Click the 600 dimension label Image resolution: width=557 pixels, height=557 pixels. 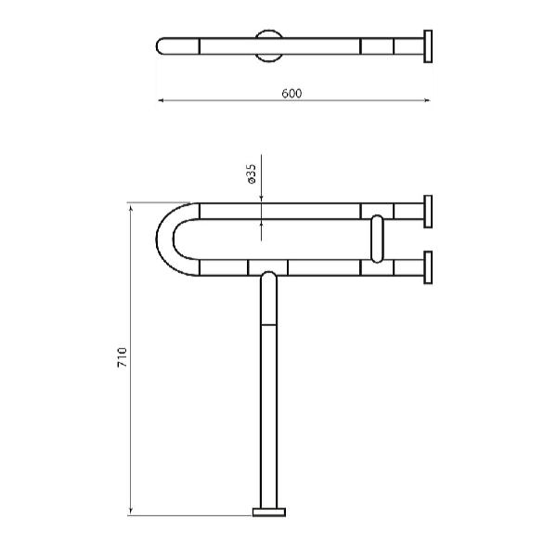coord(291,94)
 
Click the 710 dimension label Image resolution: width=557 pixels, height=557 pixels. coord(122,357)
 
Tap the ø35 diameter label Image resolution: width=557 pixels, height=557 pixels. coord(251,174)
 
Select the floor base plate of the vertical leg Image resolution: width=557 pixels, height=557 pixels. coord(269,512)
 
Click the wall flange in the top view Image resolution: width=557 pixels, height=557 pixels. coord(428,46)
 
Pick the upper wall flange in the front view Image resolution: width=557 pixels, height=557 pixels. coord(428,212)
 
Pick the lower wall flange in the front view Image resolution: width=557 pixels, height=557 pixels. coord(428,267)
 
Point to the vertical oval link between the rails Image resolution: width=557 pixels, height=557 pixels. coord(377,239)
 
